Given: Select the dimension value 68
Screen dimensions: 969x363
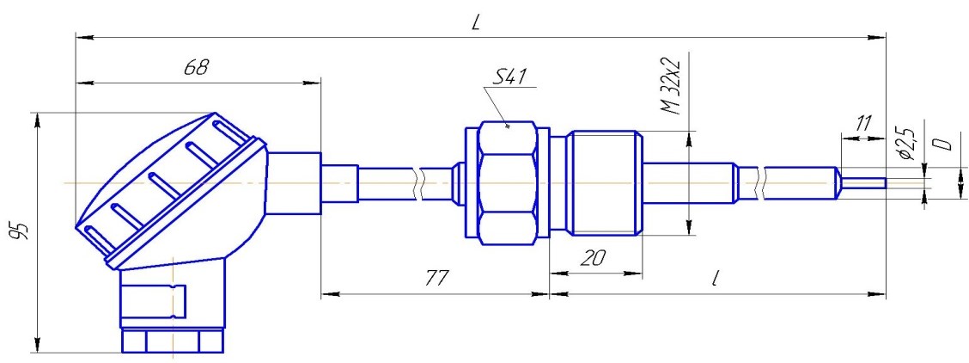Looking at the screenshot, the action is click(x=197, y=67).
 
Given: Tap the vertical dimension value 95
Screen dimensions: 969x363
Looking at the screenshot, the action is click(x=21, y=233).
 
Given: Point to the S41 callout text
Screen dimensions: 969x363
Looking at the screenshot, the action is click(x=509, y=77).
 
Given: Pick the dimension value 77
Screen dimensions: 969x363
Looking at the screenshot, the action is click(x=436, y=279).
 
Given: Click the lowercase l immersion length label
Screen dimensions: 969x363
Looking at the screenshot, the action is click(x=715, y=278).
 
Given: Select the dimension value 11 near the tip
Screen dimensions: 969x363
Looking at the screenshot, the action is click(x=862, y=123).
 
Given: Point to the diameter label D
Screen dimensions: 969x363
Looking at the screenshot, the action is click(x=941, y=145).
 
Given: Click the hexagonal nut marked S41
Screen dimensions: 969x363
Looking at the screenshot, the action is click(x=508, y=183).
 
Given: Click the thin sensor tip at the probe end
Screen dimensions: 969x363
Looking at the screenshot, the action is click(x=863, y=184).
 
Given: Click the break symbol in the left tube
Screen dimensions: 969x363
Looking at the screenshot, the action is click(x=420, y=183).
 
